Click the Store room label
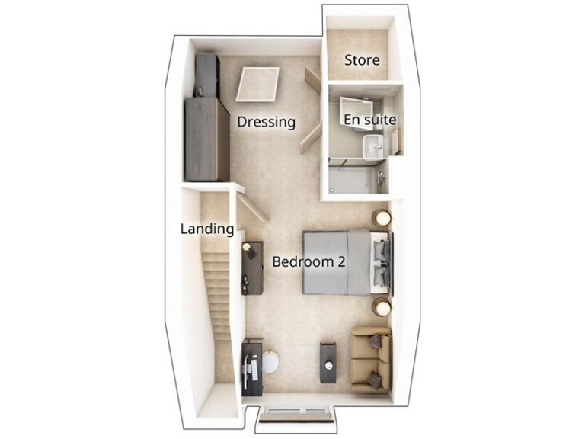point(362,60)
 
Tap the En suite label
point(369,120)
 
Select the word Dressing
point(266,122)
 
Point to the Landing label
point(206,229)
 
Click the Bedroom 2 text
point(308,262)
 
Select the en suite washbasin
point(373,146)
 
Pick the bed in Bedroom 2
point(343,261)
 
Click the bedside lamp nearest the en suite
point(381,217)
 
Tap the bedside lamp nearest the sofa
point(381,306)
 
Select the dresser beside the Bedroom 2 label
point(251,268)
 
